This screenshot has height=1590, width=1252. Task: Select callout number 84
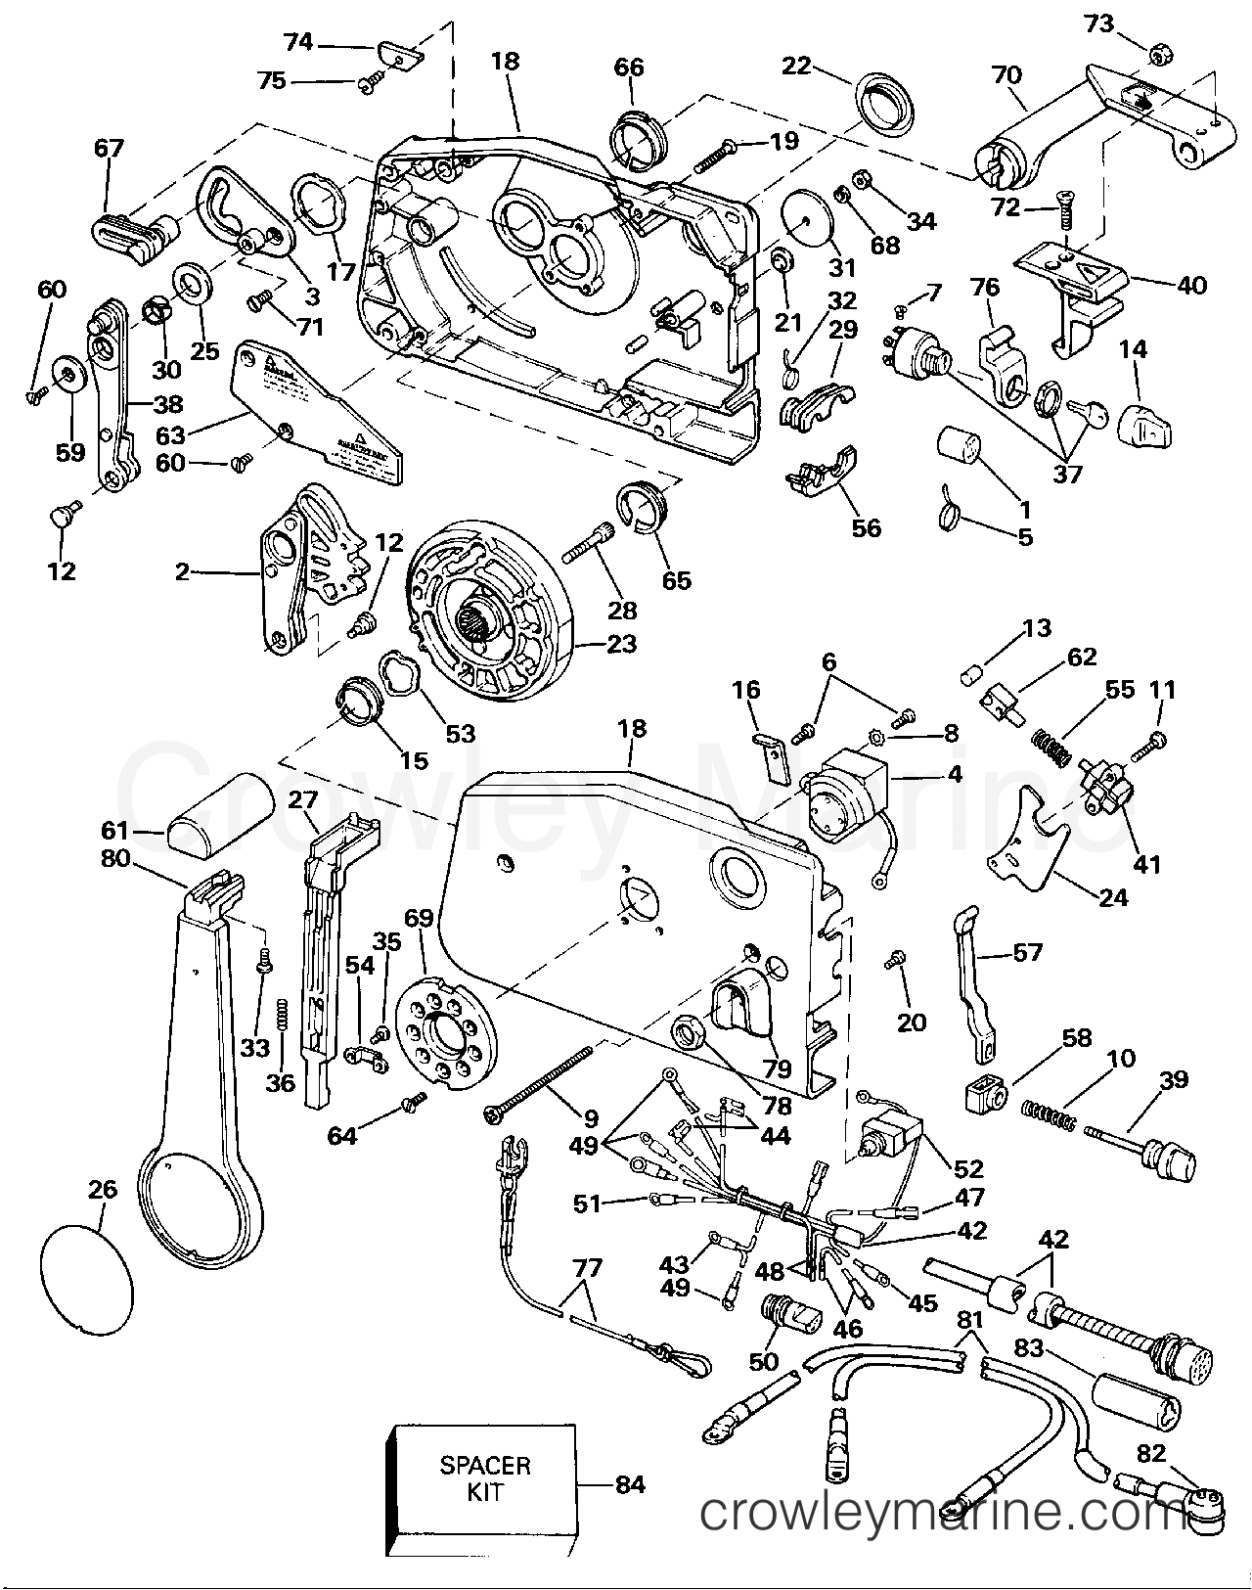click(630, 1484)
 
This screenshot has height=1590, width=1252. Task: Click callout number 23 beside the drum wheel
click(621, 644)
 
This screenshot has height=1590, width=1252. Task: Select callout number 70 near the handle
click(1006, 75)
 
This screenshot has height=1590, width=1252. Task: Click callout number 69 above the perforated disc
click(420, 918)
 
